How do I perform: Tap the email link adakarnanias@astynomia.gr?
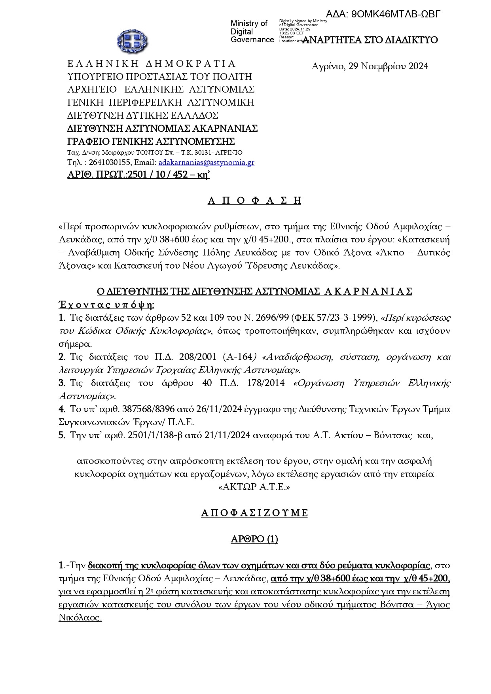click(x=206, y=163)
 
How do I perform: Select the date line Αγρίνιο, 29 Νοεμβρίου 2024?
click(x=370, y=66)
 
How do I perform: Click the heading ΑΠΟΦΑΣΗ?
click(x=254, y=200)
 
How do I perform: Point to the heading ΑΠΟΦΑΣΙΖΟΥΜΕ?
click(x=254, y=513)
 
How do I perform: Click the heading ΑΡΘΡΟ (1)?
click(x=254, y=539)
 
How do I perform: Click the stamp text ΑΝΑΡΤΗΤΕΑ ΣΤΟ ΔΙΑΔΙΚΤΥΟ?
click(x=370, y=40)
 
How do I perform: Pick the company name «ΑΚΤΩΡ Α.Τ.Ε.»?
click(x=254, y=487)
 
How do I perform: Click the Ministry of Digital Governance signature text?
click(x=252, y=32)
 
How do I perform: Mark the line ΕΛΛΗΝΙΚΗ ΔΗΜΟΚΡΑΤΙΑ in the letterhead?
click(x=152, y=64)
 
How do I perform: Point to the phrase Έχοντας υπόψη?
click(x=106, y=305)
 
